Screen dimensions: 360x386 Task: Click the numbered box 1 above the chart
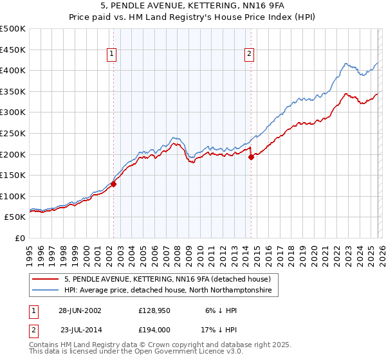coord(113,55)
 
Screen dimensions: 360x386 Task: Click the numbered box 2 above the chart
coord(249,55)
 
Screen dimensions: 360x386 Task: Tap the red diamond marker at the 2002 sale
coord(113,184)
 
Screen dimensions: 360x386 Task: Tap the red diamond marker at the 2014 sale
coord(250,157)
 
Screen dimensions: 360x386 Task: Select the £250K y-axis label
coord(13,133)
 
